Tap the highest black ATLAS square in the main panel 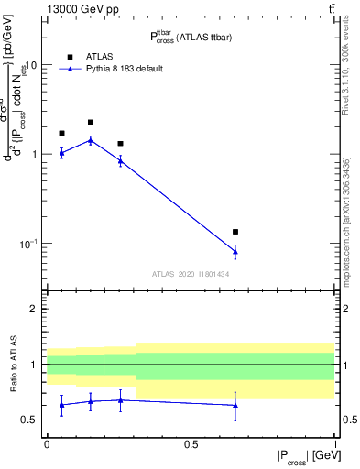(91, 122)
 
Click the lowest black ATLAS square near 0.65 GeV (235, 232)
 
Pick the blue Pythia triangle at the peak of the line (91, 140)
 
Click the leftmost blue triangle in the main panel (61, 153)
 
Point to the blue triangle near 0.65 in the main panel (235, 251)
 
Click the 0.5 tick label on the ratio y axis (29, 420)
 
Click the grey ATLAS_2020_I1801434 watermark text (191, 274)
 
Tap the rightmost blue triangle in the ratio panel (235, 405)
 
